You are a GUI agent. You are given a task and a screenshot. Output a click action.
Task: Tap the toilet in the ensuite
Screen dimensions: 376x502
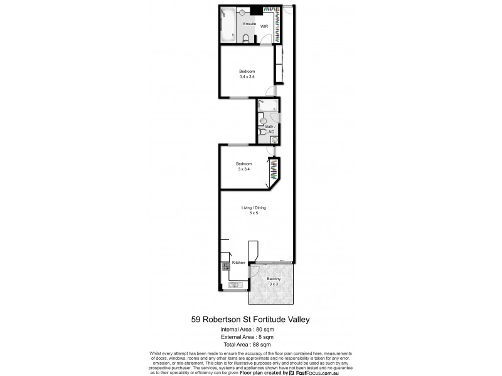[248, 38]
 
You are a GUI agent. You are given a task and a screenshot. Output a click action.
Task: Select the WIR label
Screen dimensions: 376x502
[265, 27]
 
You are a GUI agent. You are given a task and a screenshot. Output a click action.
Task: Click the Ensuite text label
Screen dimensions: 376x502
[250, 24]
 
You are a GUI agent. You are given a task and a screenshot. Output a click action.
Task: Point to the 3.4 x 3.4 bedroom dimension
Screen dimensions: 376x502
[247, 77]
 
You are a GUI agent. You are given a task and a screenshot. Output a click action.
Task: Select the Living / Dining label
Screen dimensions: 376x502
[254, 208]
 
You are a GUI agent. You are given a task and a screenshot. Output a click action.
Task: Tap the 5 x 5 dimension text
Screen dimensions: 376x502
[254, 214]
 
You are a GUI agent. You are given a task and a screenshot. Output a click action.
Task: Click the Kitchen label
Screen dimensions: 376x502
[238, 262]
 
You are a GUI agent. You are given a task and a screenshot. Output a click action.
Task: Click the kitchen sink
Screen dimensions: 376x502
[235, 286]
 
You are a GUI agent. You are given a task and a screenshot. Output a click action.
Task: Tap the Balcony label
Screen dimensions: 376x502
[274, 278]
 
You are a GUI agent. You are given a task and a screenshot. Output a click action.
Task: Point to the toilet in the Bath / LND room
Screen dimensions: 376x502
[263, 132]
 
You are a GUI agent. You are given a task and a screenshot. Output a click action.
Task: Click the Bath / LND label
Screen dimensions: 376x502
[269, 129]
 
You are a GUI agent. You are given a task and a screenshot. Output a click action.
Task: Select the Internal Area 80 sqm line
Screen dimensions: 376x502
[247, 329]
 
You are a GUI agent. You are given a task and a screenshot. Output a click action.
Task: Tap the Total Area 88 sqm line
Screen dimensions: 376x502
[247, 345]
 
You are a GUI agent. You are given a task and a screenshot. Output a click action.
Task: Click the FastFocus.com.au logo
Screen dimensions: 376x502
[316, 372]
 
